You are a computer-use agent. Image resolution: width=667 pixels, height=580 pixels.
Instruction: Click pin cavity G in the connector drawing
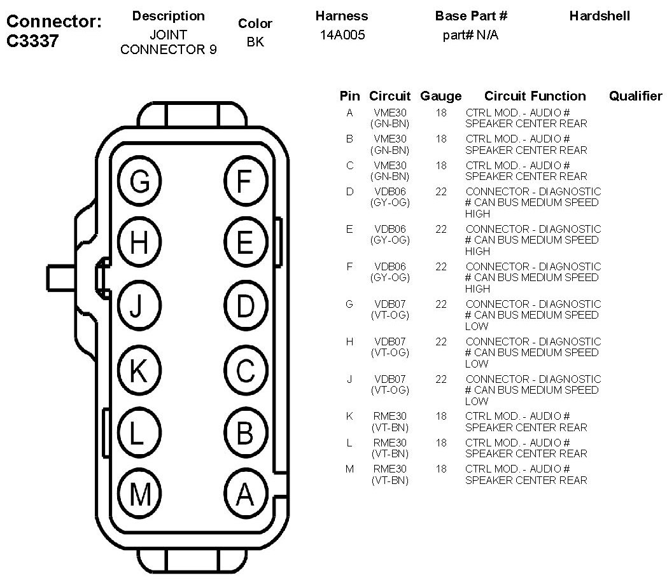pos(140,182)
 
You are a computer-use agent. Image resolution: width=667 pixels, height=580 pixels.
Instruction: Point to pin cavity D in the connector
pos(245,307)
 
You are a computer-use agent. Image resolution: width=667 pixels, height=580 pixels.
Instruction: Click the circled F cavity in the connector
pos(245,182)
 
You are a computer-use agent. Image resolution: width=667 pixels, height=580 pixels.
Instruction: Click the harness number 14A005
pos(342,36)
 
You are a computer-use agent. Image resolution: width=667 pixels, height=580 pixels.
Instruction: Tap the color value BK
pos(255,42)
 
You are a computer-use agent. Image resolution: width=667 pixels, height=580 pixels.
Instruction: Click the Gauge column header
pos(440,96)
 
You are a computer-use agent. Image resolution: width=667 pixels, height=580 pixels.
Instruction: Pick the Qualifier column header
pos(635,96)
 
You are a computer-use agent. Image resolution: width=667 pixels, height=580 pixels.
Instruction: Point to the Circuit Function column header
pos(535,96)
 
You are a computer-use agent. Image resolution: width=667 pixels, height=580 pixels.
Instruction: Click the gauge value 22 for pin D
pos(441,191)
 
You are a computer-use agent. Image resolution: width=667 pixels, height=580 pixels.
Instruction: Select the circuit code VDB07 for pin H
pos(390,342)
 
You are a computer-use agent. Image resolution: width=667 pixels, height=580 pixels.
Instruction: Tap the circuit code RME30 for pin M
pos(390,469)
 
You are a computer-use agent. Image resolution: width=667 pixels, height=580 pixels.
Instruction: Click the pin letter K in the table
pos(349,416)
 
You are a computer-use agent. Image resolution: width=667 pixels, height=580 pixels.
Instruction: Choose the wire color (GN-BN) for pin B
pos(390,150)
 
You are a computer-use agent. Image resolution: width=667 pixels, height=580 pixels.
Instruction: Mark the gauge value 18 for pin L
pos(441,443)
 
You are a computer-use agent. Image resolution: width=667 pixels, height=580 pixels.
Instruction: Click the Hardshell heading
pos(600,16)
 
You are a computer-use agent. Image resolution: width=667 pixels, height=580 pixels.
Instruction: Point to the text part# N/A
pos(470,36)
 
